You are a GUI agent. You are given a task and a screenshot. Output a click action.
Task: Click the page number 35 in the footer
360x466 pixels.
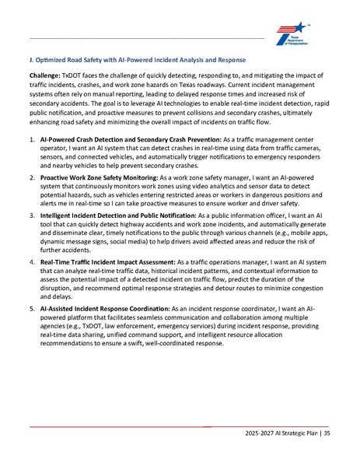327,433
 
